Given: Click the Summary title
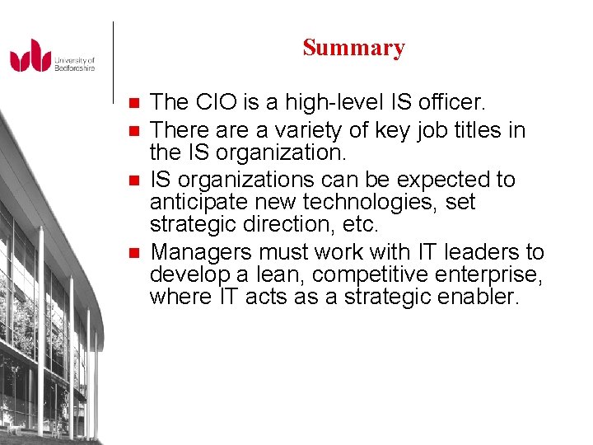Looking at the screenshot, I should (x=353, y=48).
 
